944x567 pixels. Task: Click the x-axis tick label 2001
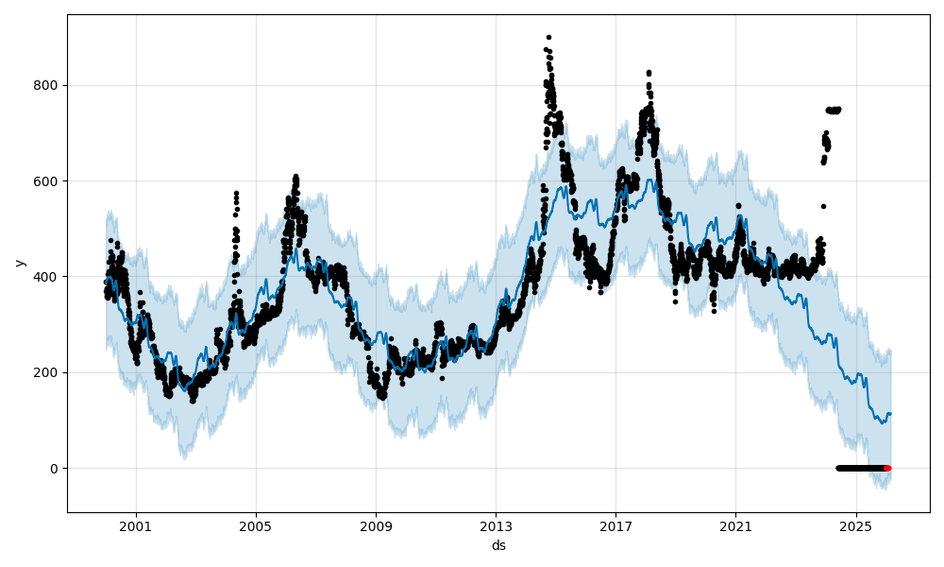(136, 527)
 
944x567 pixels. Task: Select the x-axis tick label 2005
(256, 527)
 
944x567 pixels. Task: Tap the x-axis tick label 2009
(376, 527)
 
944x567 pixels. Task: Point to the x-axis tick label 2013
(496, 527)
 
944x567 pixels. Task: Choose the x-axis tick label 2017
(615, 527)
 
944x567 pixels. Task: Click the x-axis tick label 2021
(735, 527)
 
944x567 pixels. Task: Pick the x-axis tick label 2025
(855, 527)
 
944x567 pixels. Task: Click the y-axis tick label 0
(56, 468)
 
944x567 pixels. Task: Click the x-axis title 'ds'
(498, 545)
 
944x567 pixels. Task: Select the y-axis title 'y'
(18, 263)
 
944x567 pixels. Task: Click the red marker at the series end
(887, 468)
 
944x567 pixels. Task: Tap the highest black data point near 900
(548, 38)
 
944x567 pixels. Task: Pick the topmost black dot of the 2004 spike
(236, 193)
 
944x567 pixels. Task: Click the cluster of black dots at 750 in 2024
(834, 110)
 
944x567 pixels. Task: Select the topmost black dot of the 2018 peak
(649, 72)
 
